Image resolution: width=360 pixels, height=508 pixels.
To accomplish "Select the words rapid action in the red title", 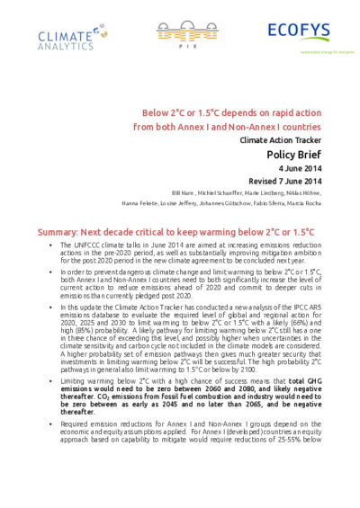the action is (x=292, y=114).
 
